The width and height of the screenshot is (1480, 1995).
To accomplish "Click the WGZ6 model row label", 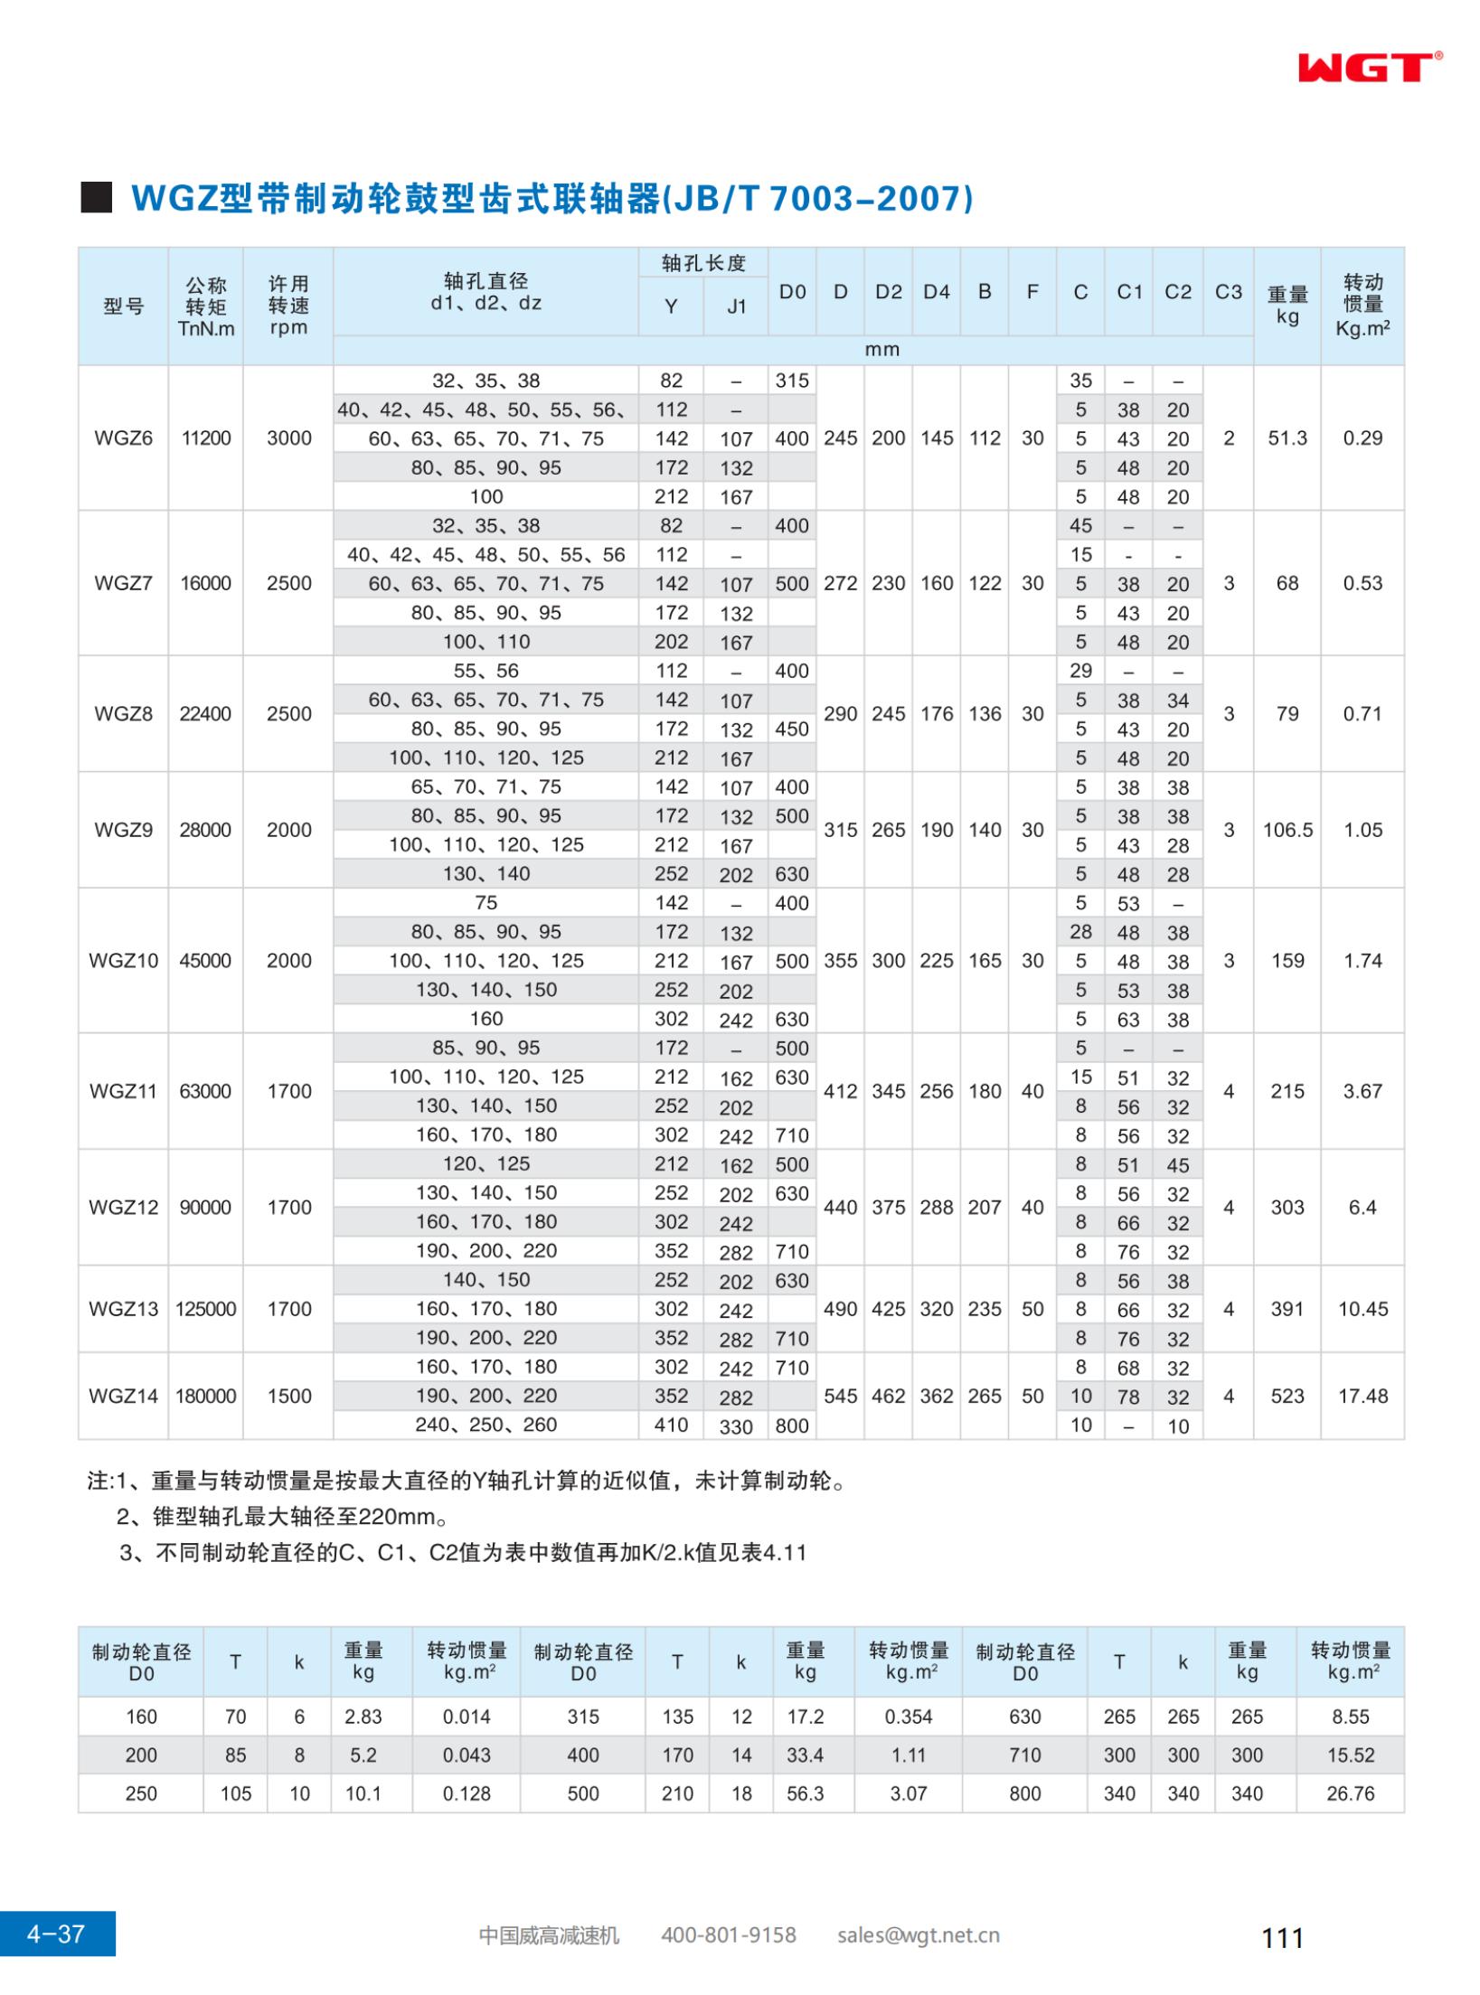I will (123, 438).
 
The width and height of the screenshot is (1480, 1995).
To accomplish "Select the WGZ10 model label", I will (123, 961).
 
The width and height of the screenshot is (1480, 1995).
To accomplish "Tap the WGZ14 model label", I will (123, 1396).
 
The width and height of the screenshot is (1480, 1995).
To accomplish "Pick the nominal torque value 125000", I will (205, 1309).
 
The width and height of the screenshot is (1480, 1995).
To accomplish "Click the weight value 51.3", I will (1287, 438).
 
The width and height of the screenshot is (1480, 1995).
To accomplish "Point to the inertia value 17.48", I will (1362, 1396).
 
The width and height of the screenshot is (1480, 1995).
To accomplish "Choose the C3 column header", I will (1228, 292).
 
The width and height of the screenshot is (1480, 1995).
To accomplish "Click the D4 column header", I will (936, 292).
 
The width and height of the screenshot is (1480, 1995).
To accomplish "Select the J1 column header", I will (736, 306).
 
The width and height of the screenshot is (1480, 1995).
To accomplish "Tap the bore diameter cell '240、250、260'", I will (486, 1425).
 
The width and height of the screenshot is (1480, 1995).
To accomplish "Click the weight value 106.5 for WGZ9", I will (1287, 830).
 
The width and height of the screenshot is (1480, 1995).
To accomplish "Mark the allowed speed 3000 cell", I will (288, 438).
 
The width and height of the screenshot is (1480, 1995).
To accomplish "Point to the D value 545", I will (840, 1396).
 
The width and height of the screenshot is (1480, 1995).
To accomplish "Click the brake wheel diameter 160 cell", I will (141, 1717).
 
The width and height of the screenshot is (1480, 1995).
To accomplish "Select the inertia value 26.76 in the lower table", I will (1350, 1793).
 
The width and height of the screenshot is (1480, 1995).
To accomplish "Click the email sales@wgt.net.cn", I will (918, 1935).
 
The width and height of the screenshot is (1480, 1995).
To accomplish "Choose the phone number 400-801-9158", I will (728, 1935).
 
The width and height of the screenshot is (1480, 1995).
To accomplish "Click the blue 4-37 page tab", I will (57, 1934).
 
